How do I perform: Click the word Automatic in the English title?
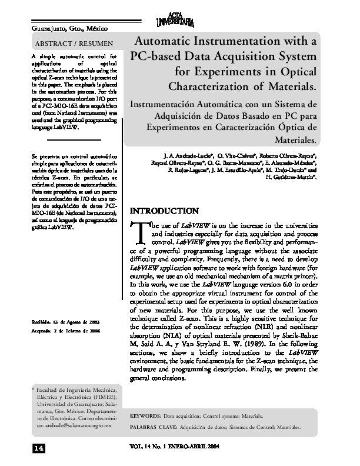pyautogui.click(x=169, y=42)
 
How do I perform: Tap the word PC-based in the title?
pyautogui.click(x=156, y=58)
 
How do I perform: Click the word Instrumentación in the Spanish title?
pyautogui.click(x=168, y=103)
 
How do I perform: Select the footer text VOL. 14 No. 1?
pyautogui.click(x=154, y=447)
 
